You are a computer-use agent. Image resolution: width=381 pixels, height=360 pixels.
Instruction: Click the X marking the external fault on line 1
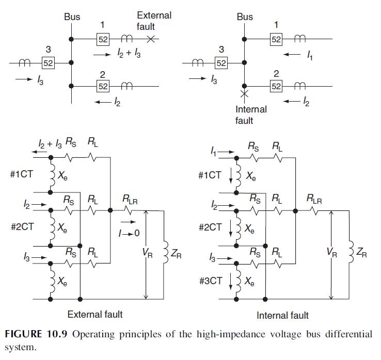[x=151, y=39]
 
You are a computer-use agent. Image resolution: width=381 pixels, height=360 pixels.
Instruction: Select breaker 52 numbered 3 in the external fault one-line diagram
[x=48, y=63]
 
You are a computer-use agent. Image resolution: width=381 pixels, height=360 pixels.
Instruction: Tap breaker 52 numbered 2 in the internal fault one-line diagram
[x=277, y=86]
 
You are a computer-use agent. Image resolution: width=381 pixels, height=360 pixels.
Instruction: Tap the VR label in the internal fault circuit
[x=333, y=252]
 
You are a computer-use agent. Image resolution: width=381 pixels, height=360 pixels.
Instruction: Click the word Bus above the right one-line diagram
[x=245, y=17]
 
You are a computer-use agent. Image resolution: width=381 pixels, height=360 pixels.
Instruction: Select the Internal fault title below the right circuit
[x=282, y=315]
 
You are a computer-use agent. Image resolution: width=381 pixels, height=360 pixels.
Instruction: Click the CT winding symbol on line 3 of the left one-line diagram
[x=24, y=63]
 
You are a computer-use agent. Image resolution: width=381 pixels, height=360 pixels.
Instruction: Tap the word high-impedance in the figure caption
[x=208, y=334]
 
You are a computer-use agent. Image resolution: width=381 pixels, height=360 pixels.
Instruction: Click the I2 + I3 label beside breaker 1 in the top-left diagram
[x=127, y=54]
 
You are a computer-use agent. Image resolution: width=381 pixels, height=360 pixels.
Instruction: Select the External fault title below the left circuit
[x=95, y=314]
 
